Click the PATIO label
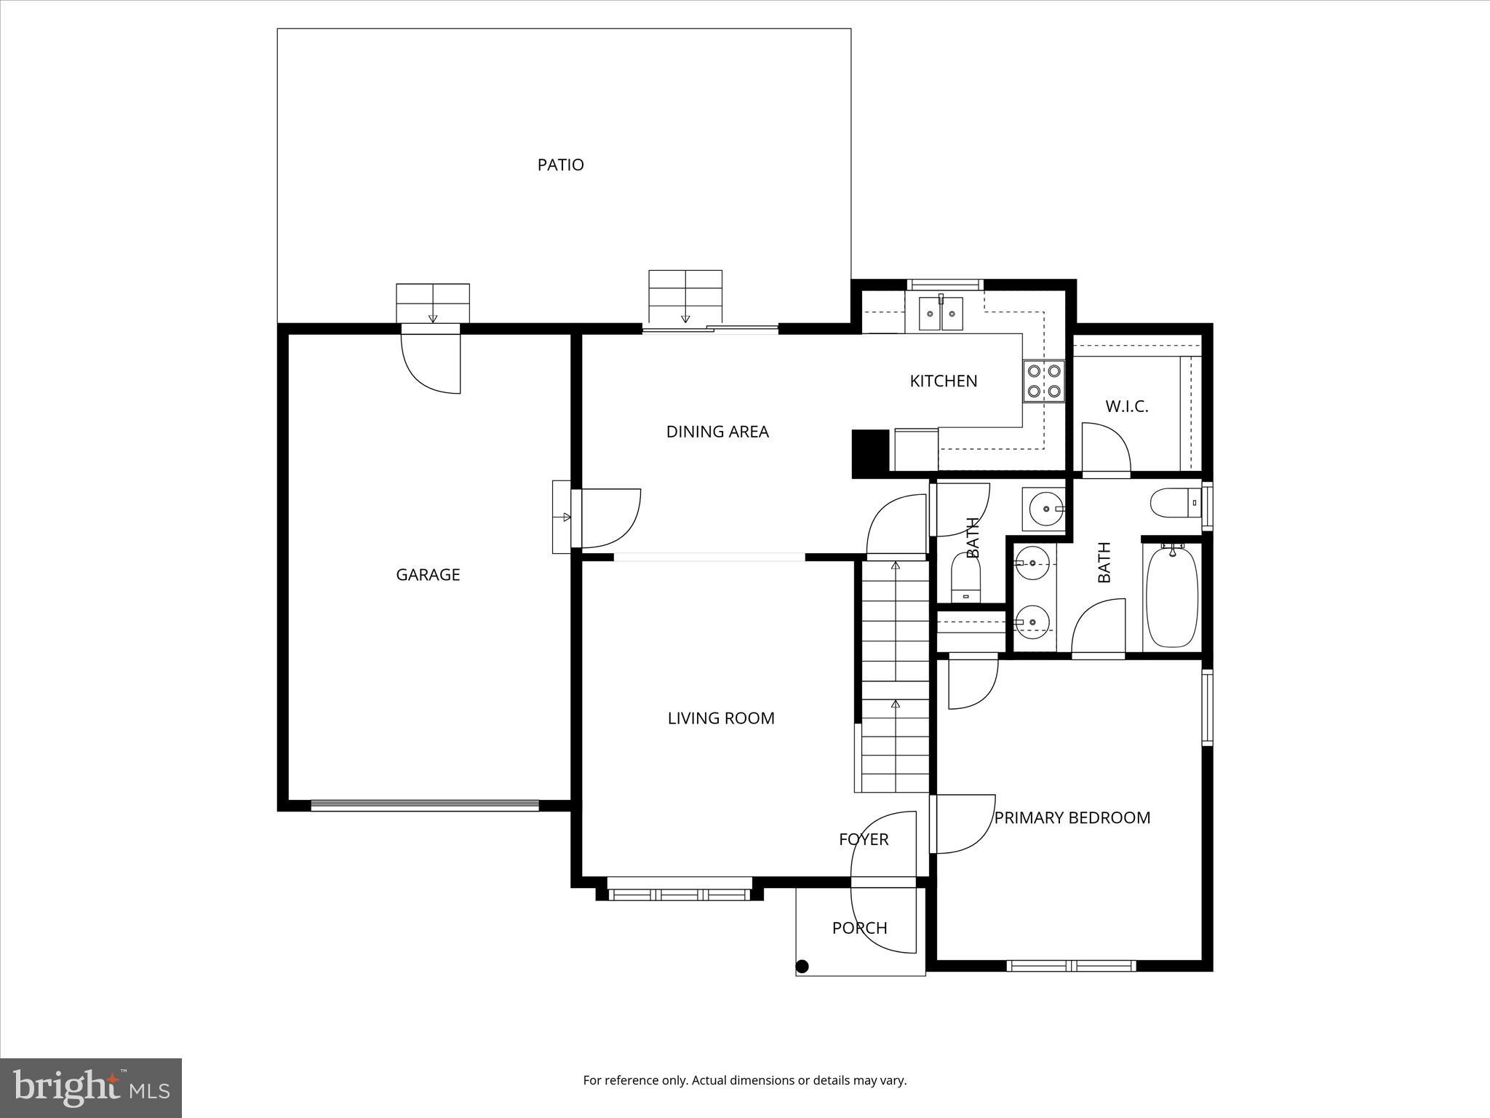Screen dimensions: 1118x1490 click(560, 165)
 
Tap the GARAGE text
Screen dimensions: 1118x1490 click(428, 575)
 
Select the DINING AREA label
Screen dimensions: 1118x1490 click(717, 432)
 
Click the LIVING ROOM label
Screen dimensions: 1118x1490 click(721, 718)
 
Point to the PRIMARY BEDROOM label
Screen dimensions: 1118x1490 click(1072, 818)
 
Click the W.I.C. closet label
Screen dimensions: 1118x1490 click(1126, 407)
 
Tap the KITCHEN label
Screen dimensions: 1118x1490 click(943, 381)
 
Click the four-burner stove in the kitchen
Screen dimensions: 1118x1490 click(1043, 381)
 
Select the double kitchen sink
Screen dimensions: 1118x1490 click(940, 314)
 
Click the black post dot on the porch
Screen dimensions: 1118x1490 click(802, 967)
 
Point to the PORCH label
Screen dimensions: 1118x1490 click(859, 928)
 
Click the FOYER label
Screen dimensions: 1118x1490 click(864, 839)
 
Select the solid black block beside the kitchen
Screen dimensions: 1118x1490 click(870, 453)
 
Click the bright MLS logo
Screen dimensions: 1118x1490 click(91, 1088)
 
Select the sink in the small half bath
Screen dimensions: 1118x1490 click(1043, 510)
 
